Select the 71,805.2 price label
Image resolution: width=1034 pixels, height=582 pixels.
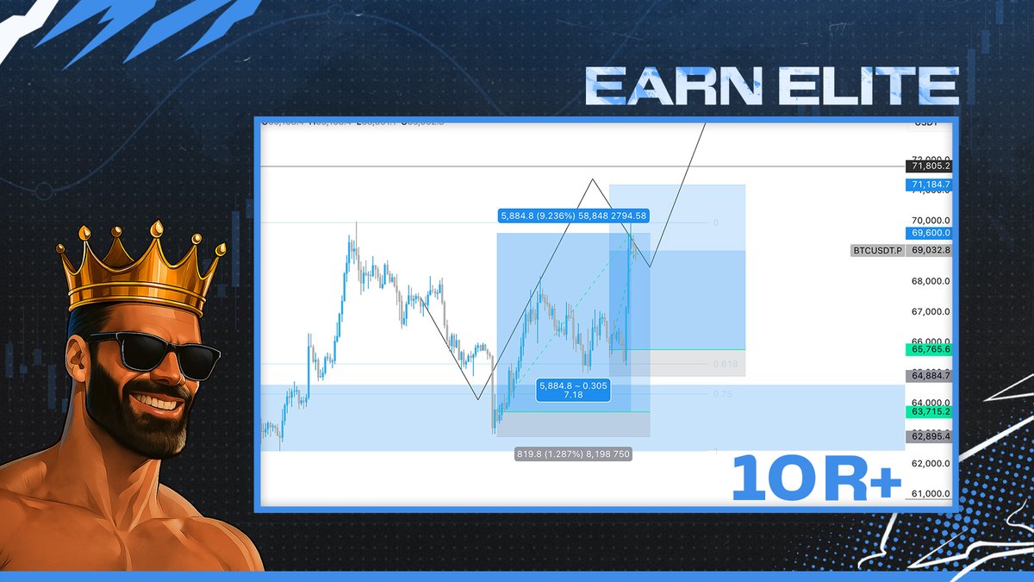coord(928,166)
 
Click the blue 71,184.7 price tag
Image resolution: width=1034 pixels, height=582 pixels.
coord(928,185)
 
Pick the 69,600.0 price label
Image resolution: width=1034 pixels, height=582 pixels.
coord(928,233)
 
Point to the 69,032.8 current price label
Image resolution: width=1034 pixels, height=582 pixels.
coord(928,250)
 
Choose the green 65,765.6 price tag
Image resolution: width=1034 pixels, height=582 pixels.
coord(928,349)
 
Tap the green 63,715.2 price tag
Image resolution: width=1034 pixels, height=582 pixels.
coord(928,412)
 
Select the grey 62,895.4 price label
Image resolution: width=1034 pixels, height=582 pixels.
coord(928,436)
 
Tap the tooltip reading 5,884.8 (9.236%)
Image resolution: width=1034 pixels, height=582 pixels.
coord(572,216)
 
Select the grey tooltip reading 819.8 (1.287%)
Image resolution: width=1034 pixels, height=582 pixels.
coord(573,454)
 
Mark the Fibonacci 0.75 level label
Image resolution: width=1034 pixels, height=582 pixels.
coord(723,394)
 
